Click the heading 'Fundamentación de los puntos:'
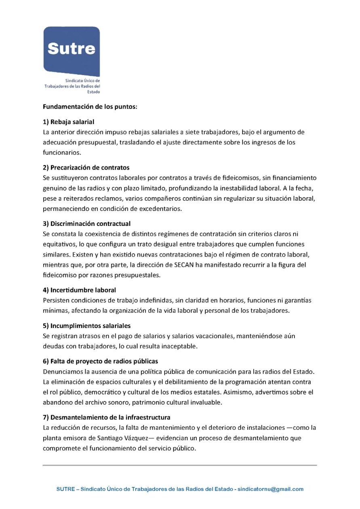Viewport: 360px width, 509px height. coord(90,107)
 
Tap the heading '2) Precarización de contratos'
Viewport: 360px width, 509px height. coord(86,167)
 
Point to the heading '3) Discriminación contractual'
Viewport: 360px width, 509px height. coord(86,223)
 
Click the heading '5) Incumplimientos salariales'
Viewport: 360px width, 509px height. coord(86,326)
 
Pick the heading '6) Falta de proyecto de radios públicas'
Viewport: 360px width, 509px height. coord(100,361)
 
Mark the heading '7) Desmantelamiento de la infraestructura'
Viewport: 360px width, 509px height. coord(106,417)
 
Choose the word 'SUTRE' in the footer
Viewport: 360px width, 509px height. coord(65,489)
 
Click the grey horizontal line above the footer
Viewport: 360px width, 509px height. coord(180,465)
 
